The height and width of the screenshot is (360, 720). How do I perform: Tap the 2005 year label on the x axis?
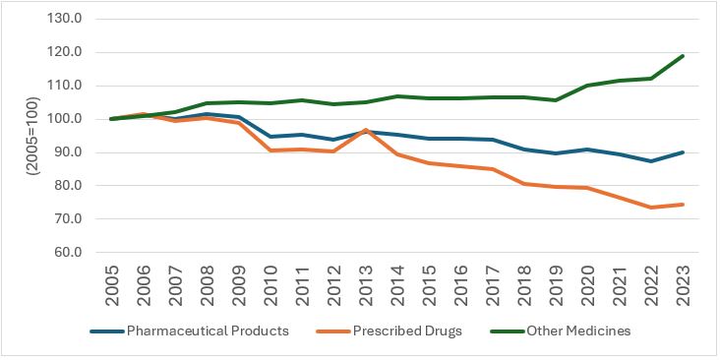pyautogui.click(x=112, y=285)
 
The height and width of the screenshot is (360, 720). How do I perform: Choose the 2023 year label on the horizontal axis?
pyautogui.click(x=684, y=285)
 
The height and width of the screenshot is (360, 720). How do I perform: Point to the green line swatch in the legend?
pyautogui.click(x=506, y=331)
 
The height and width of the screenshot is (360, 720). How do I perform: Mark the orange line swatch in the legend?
pyautogui.click(x=332, y=331)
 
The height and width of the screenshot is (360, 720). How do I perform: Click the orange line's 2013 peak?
pyautogui.click(x=366, y=130)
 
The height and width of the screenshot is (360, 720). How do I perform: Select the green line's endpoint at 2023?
pyautogui.click(x=684, y=56)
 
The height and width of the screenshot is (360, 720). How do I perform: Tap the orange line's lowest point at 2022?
pyautogui.click(x=651, y=208)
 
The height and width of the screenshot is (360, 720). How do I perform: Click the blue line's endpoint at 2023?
pyautogui.click(x=684, y=152)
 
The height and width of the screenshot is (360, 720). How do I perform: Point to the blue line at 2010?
pyautogui.click(x=270, y=137)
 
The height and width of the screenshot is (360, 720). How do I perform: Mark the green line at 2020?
pyautogui.click(x=588, y=86)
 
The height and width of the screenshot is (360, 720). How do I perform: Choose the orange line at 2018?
pyautogui.click(x=524, y=184)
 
